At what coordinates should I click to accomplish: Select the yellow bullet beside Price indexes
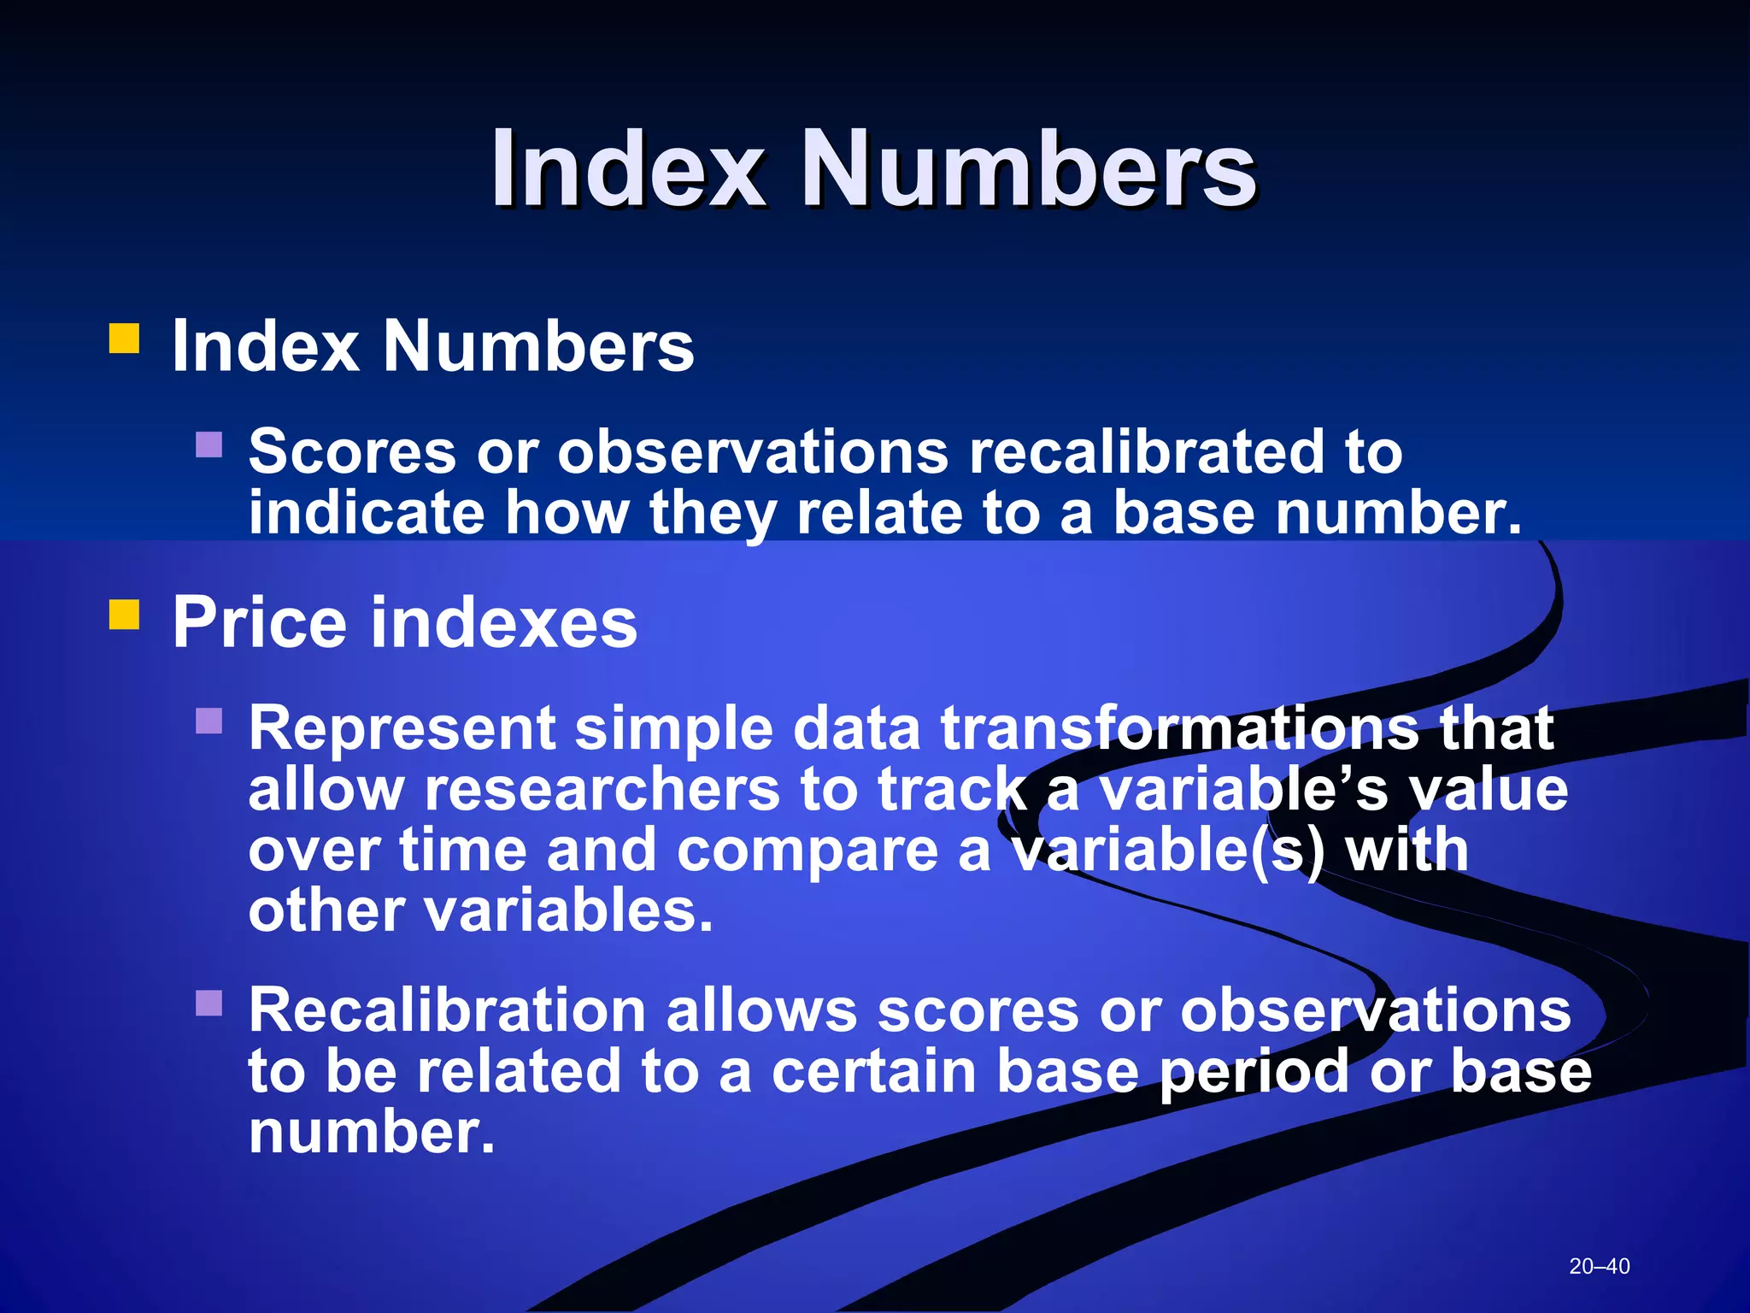click(x=125, y=614)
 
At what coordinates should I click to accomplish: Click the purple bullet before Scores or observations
click(x=208, y=445)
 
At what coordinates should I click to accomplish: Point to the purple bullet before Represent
click(x=208, y=721)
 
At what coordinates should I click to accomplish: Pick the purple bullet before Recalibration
click(x=208, y=1003)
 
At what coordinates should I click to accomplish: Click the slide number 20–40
click(x=1600, y=1266)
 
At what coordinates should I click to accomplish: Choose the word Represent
click(x=401, y=728)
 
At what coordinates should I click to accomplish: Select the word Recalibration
click(x=447, y=1010)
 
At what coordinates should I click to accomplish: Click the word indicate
click(x=367, y=512)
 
